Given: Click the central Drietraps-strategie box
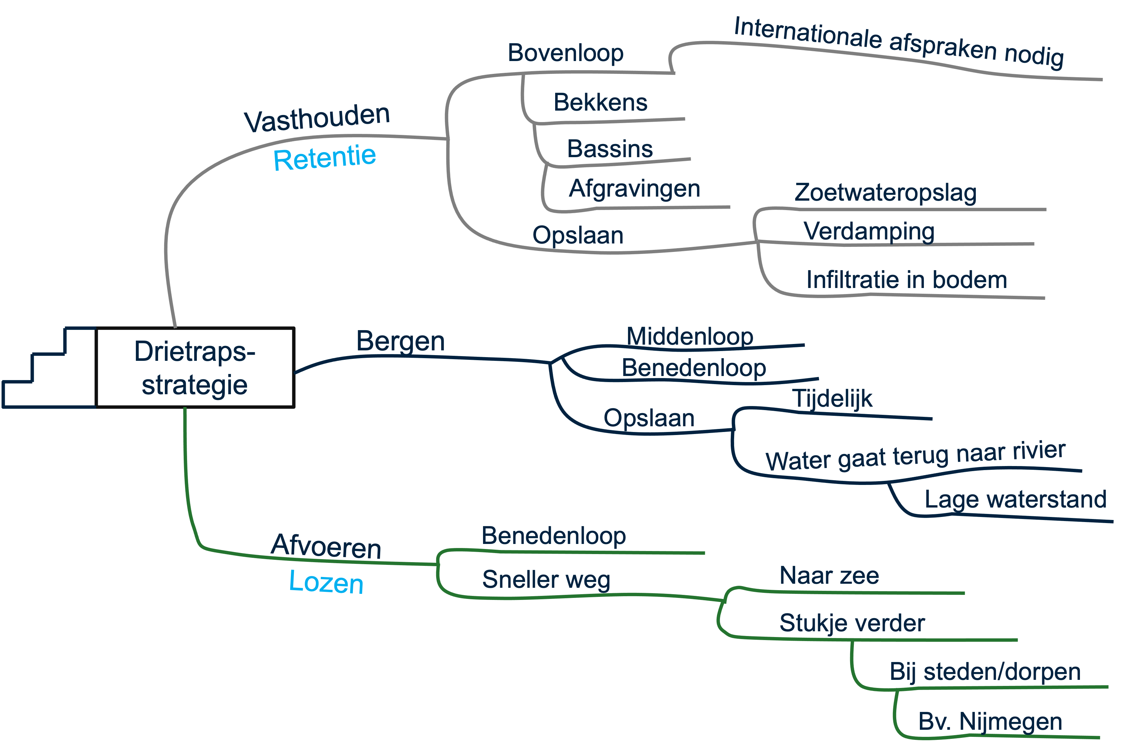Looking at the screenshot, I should point(195,368).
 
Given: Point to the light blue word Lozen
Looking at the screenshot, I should point(326,582).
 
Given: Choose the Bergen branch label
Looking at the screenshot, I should point(400,341).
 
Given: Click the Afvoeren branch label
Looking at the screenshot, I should point(326,546).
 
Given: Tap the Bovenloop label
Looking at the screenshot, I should point(565,53).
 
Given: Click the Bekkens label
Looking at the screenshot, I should point(600,102).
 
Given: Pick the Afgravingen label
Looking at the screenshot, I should point(634,189).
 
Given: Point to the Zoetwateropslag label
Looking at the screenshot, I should point(885,193).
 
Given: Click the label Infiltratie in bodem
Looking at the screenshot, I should point(907,280).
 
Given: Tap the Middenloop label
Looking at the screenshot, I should point(690,336).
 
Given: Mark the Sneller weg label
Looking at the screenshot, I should point(546,579).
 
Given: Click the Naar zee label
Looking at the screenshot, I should point(829,576).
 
